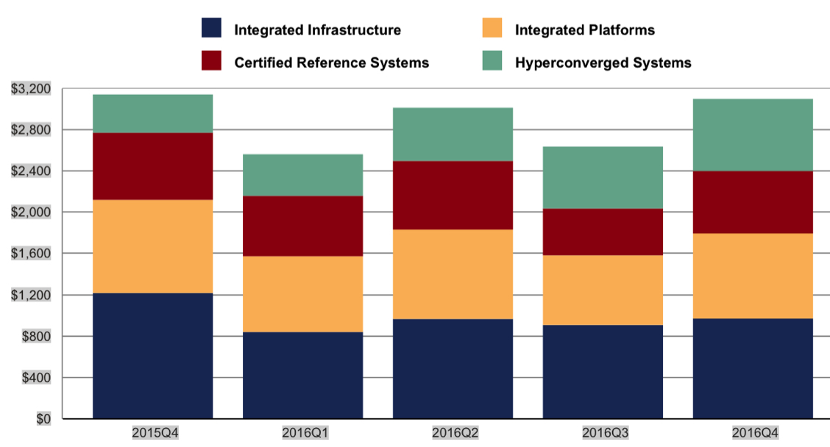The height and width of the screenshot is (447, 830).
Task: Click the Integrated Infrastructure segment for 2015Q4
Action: pos(152,356)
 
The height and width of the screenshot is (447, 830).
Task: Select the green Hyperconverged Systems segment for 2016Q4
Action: pos(753,135)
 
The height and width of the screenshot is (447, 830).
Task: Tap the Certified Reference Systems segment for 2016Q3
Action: pos(603,232)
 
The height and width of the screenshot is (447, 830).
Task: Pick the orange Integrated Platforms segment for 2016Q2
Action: pos(453,273)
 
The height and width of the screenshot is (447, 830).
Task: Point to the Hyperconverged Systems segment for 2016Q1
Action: pos(302,174)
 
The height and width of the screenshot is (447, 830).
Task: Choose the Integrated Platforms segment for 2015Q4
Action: pos(152,246)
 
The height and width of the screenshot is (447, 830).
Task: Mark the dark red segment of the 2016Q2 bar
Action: pos(453,195)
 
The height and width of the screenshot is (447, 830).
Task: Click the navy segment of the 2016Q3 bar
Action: pos(603,371)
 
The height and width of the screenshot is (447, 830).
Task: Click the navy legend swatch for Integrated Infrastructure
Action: pos(212,29)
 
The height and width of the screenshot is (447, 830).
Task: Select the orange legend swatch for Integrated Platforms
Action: pos(492,29)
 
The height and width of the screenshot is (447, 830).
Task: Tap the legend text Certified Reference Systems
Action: pos(331,62)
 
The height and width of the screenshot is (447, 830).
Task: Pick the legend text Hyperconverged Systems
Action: pos(603,62)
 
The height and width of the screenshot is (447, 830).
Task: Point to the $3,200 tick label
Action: pos(31,89)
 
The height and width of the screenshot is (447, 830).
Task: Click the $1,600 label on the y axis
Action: pos(31,254)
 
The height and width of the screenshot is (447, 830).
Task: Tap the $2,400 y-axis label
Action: pos(31,171)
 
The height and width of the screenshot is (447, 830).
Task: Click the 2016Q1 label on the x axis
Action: pos(302,432)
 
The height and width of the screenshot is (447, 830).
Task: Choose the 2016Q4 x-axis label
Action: pos(753,432)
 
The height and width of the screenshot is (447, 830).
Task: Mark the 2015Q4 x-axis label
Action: pos(152,432)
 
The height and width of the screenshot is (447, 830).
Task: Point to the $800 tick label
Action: pos(35,337)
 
